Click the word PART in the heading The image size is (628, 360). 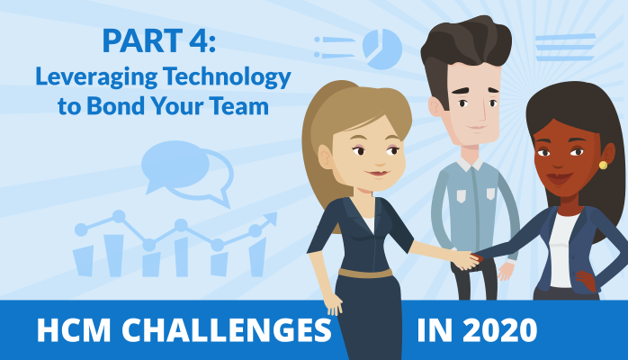[142, 40]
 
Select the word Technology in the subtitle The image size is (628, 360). [227, 77]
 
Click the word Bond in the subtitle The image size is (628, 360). [115, 105]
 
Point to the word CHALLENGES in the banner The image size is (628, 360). [227, 330]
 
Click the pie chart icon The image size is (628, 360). [382, 49]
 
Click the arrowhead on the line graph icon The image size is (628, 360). [271, 219]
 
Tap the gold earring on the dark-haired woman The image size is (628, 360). [603, 165]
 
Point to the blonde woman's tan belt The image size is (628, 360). [365, 273]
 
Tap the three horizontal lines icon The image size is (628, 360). [565, 48]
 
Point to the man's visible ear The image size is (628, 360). [435, 106]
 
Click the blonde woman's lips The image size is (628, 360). [379, 174]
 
